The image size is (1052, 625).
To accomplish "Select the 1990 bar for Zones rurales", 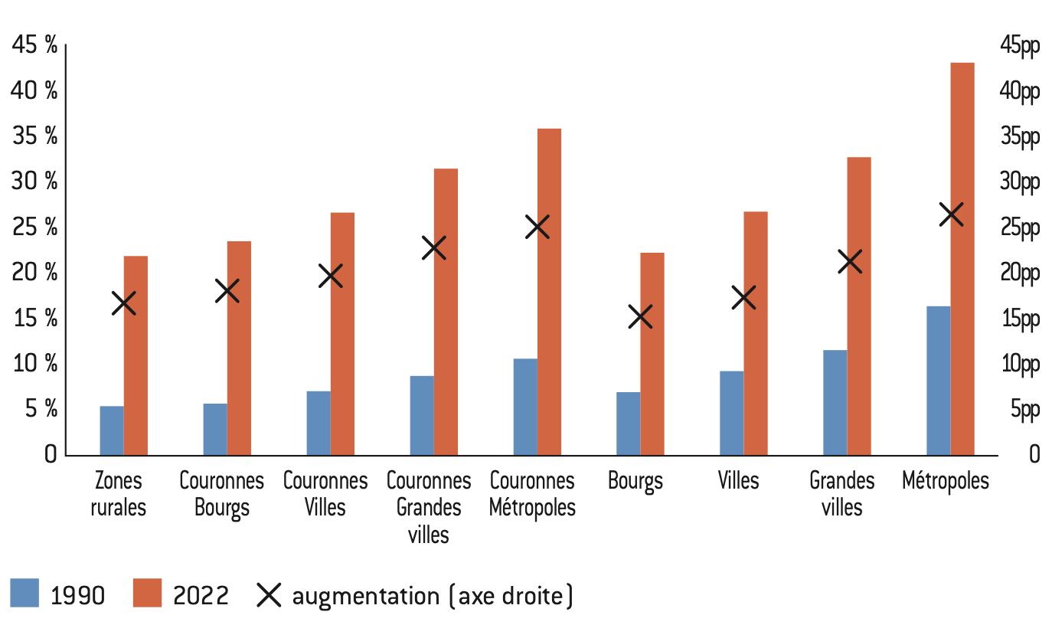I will (112, 430).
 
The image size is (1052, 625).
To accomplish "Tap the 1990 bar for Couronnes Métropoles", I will (525, 407).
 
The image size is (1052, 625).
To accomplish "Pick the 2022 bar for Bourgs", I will (652, 354).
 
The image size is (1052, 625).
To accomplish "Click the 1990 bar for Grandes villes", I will (835, 402).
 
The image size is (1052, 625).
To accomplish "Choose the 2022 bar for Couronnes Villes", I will (342, 334).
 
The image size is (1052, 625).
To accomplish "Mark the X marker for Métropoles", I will (951, 215).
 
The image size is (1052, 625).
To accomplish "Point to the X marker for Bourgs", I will (640, 316).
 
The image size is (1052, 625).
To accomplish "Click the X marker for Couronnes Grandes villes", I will (434, 248).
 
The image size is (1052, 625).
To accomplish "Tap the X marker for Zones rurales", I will (124, 303).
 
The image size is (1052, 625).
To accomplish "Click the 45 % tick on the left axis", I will (35, 46).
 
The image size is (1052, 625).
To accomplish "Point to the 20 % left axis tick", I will (35, 273).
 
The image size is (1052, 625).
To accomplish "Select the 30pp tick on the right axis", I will (1020, 182).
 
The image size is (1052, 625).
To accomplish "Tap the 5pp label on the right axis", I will (1020, 410).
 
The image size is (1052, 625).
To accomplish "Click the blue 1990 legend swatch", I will (25, 593).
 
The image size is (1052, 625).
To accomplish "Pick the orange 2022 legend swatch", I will (148, 593).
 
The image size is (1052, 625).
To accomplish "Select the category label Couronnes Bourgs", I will (222, 494).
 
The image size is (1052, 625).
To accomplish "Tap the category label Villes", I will (739, 481).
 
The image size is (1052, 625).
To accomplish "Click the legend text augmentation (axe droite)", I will (433, 595).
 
